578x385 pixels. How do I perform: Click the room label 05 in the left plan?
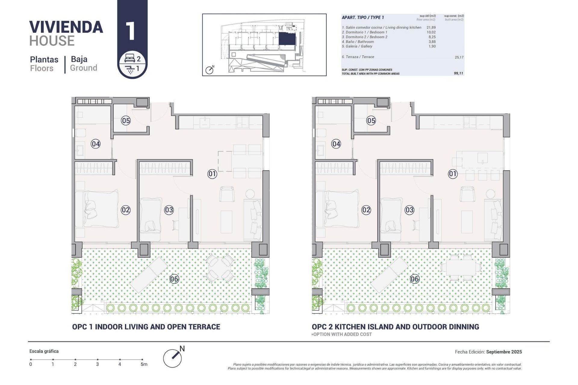(x=126, y=121)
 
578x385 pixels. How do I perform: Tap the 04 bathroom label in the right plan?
(x=336, y=144)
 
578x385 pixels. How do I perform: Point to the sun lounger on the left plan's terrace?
(x=148, y=275)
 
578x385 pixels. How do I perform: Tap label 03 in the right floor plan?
(x=409, y=210)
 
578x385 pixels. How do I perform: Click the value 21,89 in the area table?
(x=431, y=27)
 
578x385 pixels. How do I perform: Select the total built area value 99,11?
(x=458, y=73)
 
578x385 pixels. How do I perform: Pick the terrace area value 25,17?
(x=459, y=57)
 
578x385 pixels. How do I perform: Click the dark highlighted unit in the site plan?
(x=287, y=39)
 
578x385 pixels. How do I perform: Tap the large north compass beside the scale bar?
(x=173, y=358)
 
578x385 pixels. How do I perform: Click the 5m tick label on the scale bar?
(x=144, y=364)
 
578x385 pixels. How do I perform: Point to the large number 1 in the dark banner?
(x=131, y=31)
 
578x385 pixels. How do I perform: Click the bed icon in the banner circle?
(x=129, y=58)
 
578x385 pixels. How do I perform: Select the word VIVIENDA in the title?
(x=66, y=27)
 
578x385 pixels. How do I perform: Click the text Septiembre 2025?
(x=504, y=352)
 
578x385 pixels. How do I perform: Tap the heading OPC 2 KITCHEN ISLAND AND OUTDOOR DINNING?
(x=395, y=327)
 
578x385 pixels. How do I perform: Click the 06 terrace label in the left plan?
(x=174, y=279)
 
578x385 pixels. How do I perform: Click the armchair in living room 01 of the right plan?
(x=467, y=194)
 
